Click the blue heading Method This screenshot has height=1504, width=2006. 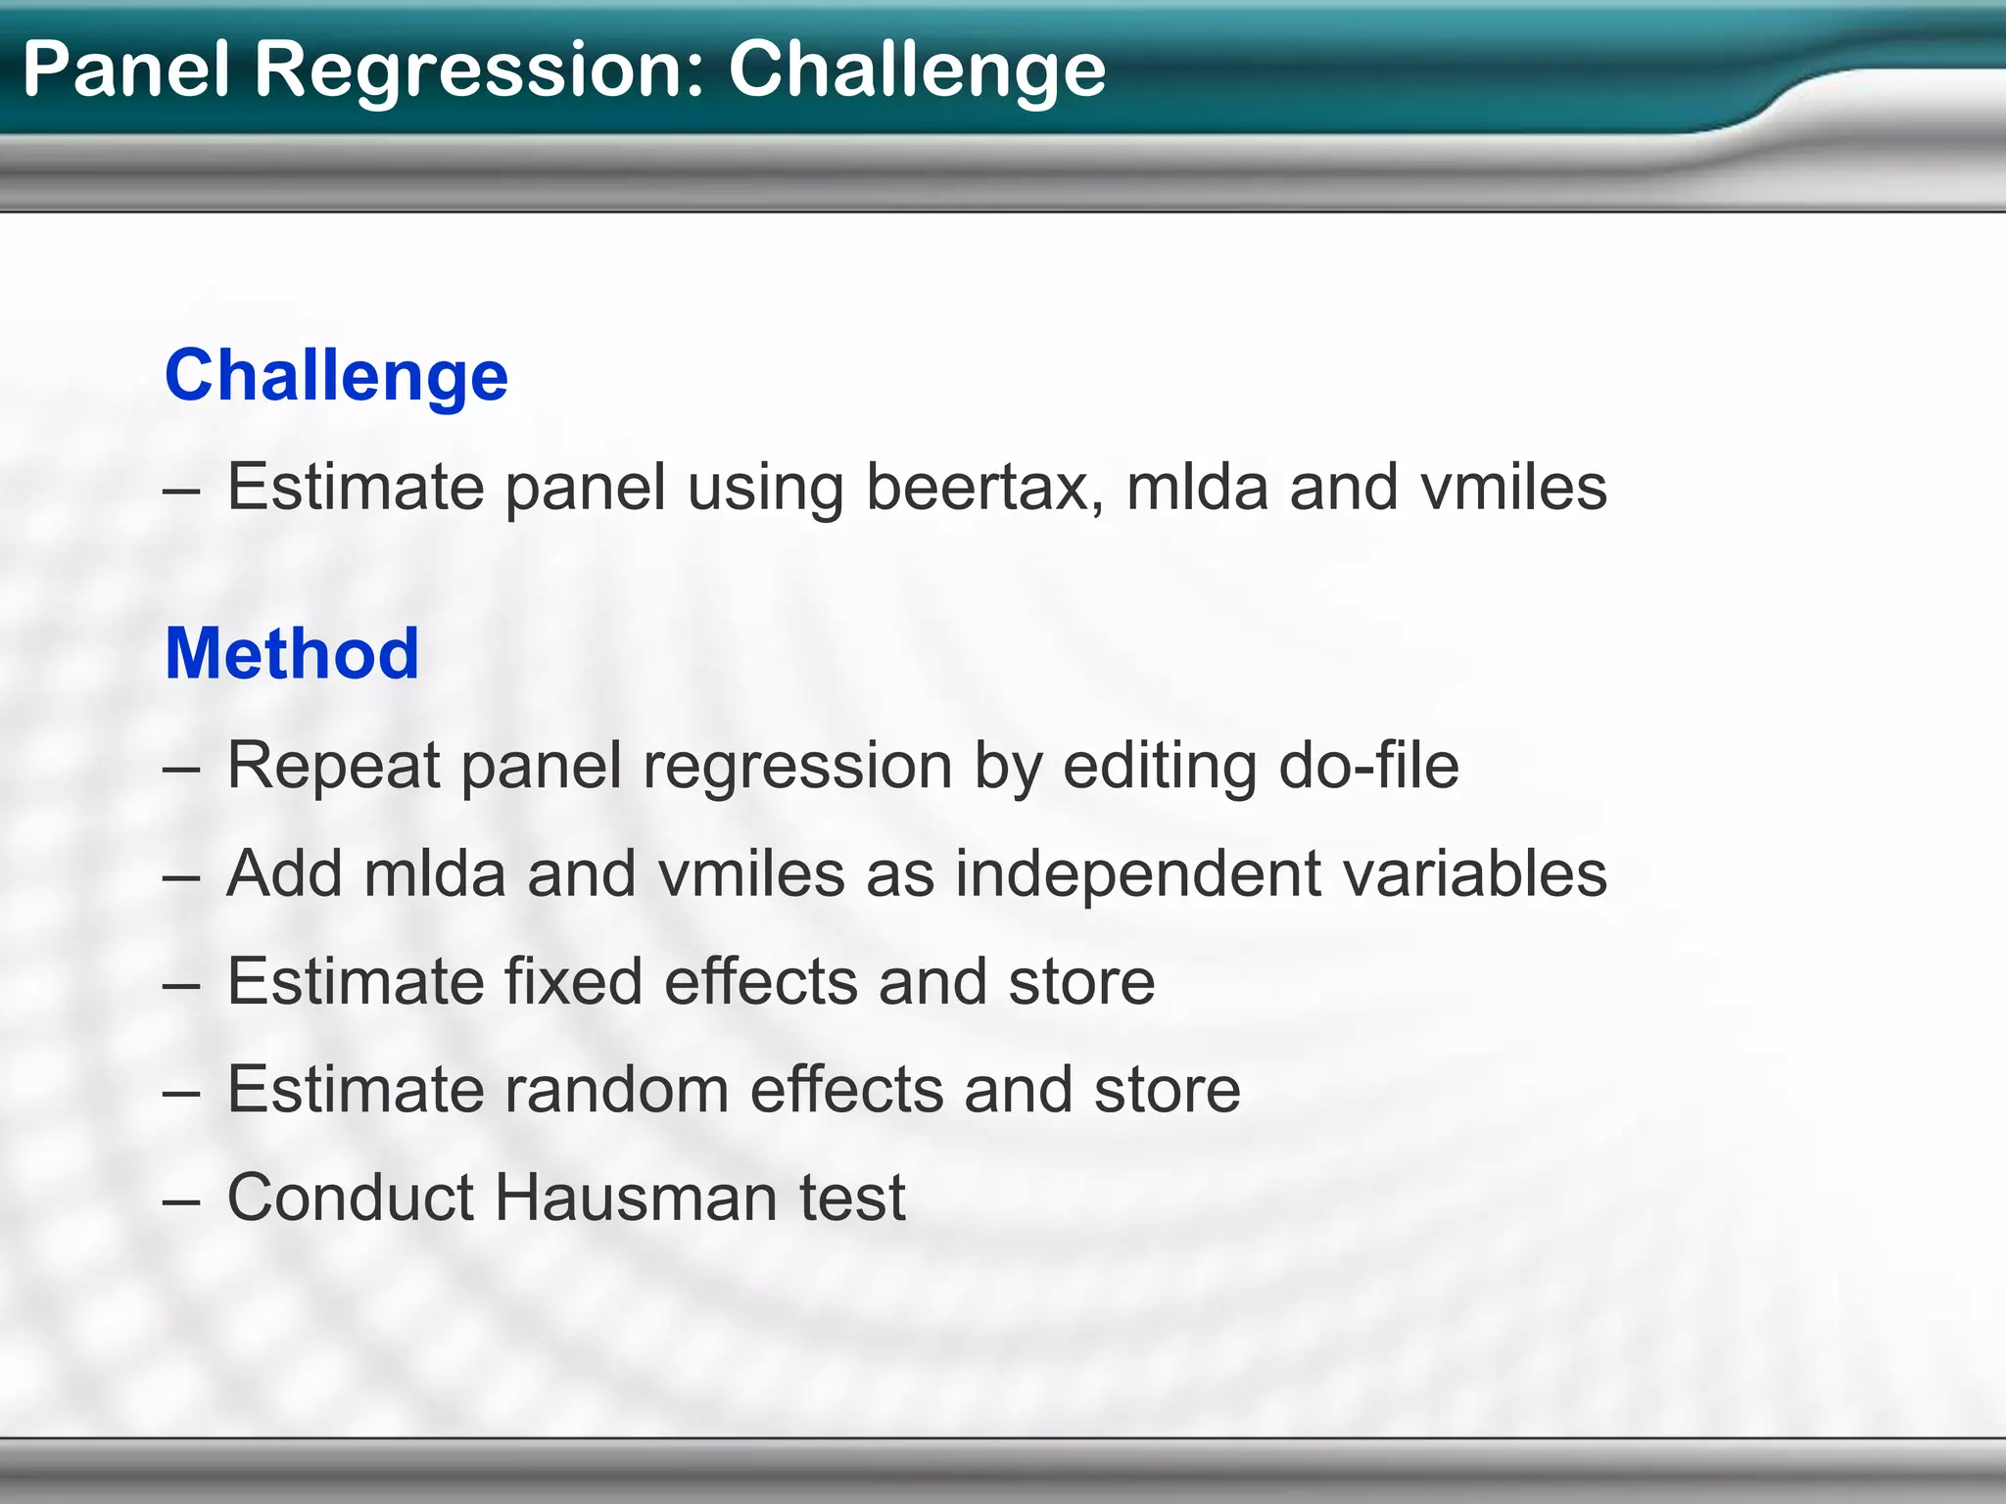(x=292, y=653)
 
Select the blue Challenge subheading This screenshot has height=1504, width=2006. (x=336, y=375)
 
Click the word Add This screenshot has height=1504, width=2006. (x=284, y=873)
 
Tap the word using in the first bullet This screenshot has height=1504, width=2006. (x=765, y=489)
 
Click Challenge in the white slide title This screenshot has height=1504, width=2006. (x=917, y=70)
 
